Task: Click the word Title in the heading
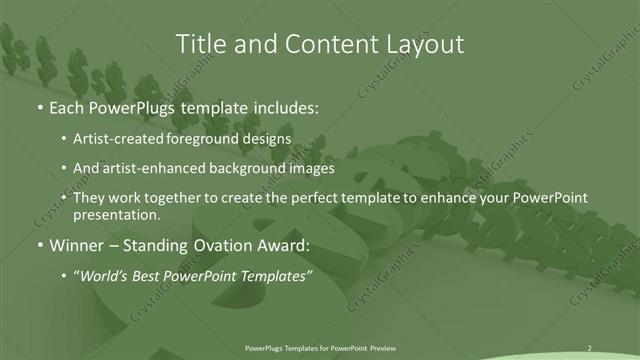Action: [x=200, y=44]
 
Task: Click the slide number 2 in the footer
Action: [x=589, y=347]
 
